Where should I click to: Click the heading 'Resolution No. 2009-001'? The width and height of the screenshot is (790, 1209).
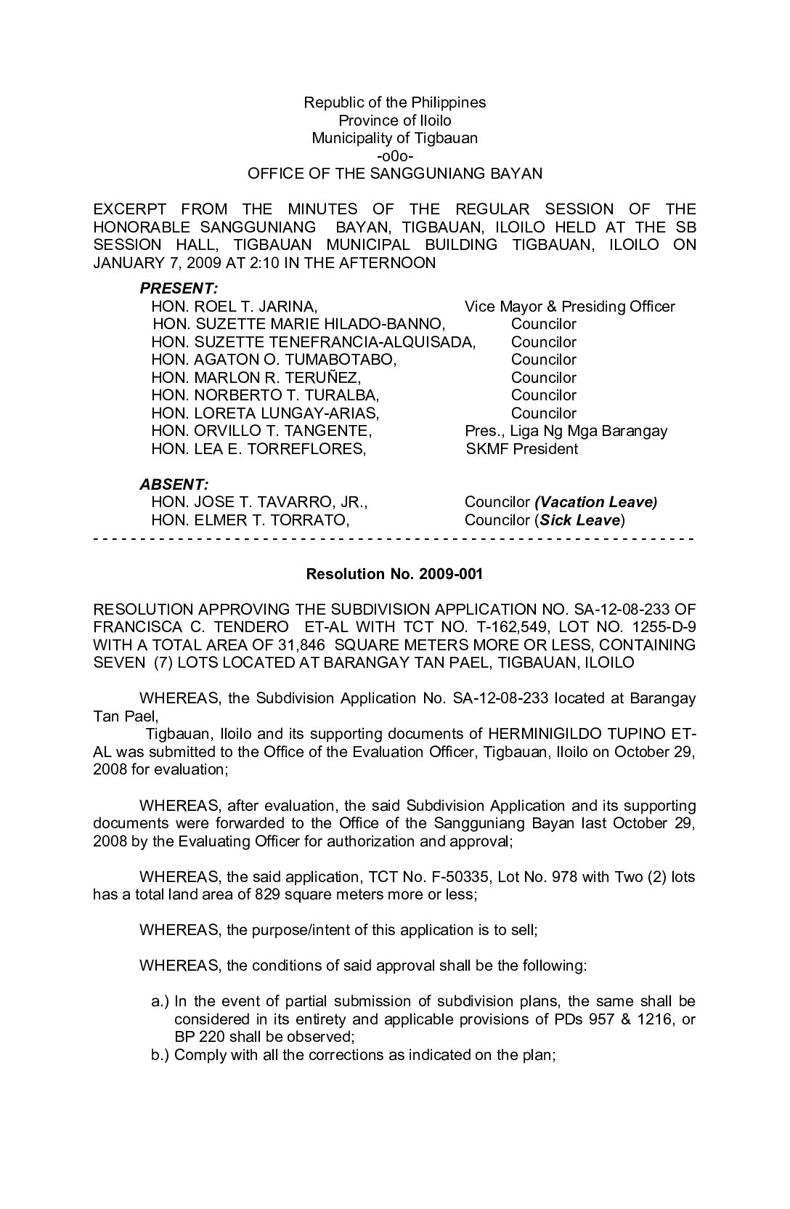tap(394, 574)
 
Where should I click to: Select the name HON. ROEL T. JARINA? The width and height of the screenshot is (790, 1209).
tap(234, 307)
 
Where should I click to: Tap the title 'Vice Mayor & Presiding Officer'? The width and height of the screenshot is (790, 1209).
tap(569, 307)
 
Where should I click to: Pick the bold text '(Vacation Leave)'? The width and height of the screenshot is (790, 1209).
tap(595, 502)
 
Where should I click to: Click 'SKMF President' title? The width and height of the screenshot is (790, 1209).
tap(521, 449)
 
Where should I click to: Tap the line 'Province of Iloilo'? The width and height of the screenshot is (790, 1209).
tap(394, 120)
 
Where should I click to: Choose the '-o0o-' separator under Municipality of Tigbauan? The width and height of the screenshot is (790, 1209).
tap(394, 155)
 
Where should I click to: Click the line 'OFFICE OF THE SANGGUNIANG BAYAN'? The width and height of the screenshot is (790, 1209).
tap(394, 174)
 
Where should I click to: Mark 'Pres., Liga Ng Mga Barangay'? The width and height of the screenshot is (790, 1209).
tap(566, 431)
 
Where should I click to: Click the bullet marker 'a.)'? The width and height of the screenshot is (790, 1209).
tap(160, 1001)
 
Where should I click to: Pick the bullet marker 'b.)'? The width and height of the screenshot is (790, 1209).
tap(160, 1055)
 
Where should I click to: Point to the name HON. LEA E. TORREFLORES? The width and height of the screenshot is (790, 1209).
tap(258, 449)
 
